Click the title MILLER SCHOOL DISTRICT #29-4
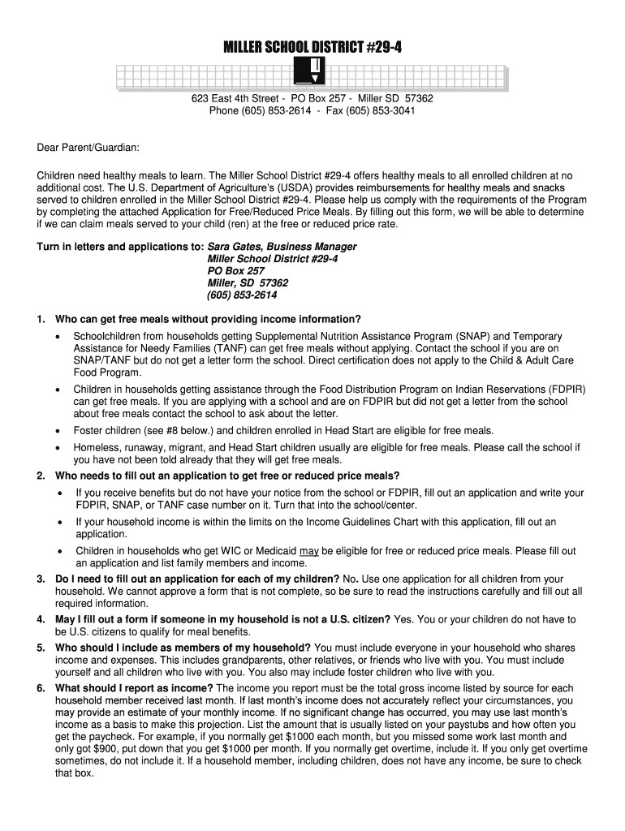coord(312,50)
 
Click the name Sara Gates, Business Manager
coord(282,246)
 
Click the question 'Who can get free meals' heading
coord(208,318)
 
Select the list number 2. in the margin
coord(41,476)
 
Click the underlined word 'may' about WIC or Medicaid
coord(308,551)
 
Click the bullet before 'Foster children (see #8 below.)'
coord(57,430)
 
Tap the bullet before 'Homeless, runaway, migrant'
coord(57,447)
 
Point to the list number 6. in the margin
coord(41,688)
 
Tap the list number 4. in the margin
coord(41,619)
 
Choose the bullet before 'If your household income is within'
coord(58,522)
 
